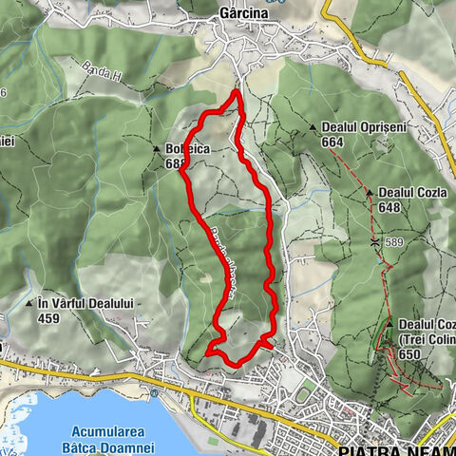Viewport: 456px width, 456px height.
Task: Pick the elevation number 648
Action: point(389,207)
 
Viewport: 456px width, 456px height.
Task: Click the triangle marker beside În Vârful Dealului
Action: point(31,304)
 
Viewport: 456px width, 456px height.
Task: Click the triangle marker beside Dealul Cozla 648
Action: point(370,193)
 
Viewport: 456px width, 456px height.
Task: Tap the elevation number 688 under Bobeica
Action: point(174,162)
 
